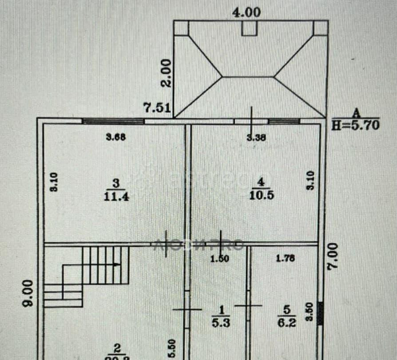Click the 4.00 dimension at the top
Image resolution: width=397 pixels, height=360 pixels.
(x=246, y=12)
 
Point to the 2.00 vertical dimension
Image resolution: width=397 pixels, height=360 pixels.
(x=166, y=73)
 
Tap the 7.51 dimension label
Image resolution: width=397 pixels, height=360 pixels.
(x=156, y=108)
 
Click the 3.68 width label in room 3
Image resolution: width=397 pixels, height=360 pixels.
(x=116, y=137)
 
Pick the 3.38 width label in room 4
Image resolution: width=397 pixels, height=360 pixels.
(x=256, y=138)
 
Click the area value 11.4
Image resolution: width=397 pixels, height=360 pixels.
(x=116, y=197)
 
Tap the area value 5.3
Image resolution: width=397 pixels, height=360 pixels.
(x=221, y=324)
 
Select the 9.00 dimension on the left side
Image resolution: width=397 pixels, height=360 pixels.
(x=28, y=293)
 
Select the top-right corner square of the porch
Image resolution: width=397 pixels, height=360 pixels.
(x=321, y=28)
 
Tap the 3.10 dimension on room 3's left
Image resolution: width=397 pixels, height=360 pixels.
(x=53, y=182)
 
